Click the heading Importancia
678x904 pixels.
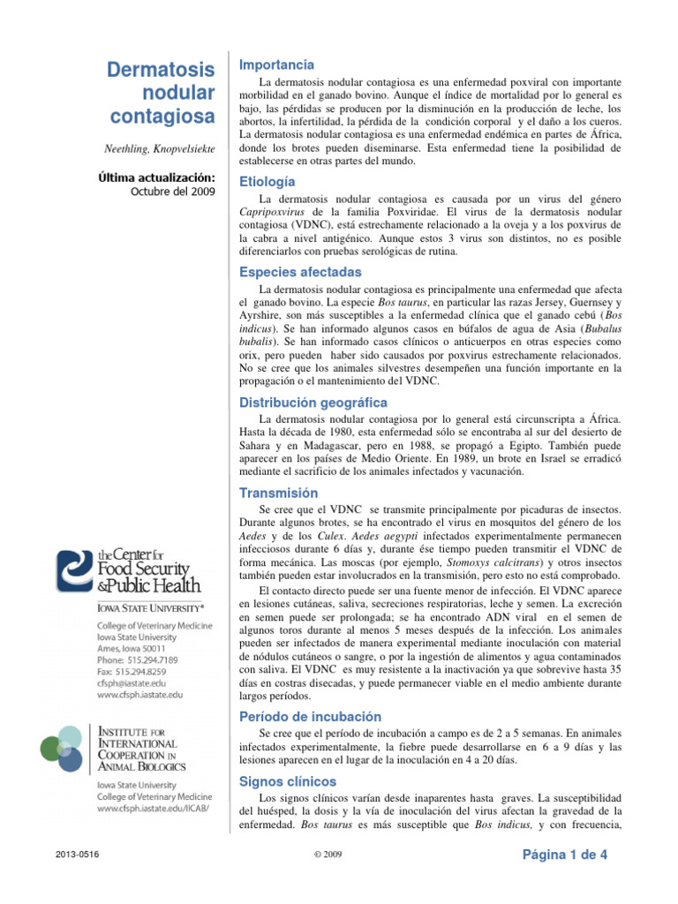[276, 64]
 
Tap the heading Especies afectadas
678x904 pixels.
[300, 271]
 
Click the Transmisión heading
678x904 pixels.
[279, 493]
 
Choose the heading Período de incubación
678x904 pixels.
[310, 716]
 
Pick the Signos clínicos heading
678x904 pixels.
[288, 781]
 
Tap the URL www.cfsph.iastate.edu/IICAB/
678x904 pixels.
[153, 808]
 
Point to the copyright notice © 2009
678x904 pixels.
[328, 855]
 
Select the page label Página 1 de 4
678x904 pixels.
[565, 855]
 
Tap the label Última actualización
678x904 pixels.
[157, 177]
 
